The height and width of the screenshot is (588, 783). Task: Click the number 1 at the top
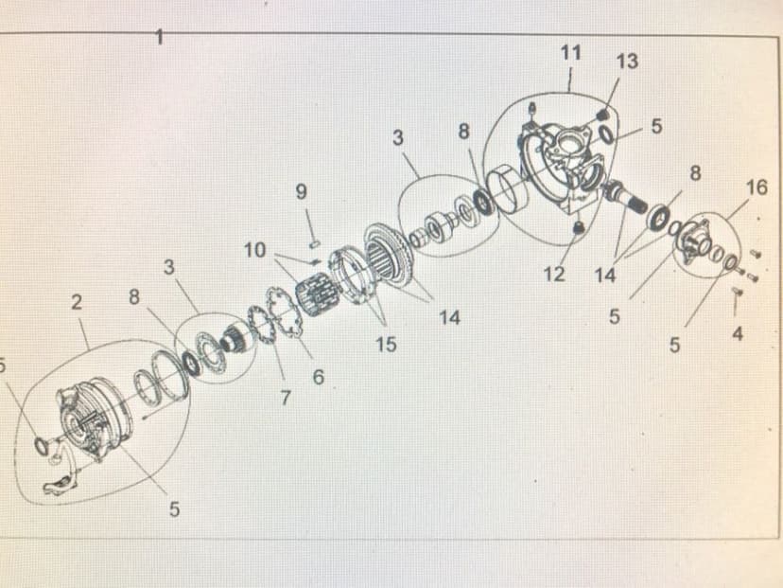coord(159,37)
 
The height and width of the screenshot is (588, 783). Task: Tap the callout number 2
coord(76,302)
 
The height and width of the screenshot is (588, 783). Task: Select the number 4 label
coord(738,333)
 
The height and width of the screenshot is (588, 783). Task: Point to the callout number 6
coord(318,377)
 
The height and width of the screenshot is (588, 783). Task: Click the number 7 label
coord(286,398)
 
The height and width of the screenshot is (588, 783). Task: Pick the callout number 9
coord(301,191)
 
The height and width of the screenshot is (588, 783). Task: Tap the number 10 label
coord(255,250)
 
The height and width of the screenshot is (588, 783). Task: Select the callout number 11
coord(571,52)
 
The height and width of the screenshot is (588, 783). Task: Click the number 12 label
coord(554,274)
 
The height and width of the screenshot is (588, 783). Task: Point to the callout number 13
coord(627,62)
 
